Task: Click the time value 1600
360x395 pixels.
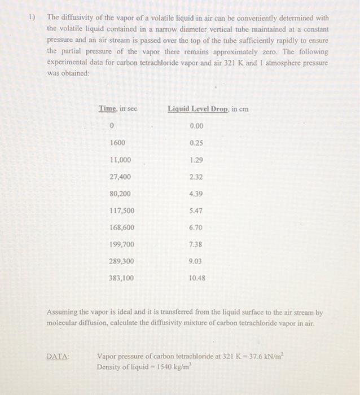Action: [117, 143]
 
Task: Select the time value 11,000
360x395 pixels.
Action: [121, 160]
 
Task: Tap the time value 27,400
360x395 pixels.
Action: [120, 177]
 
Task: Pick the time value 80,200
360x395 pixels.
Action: [120, 194]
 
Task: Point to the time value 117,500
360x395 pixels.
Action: [121, 210]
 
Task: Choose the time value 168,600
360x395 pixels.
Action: [121, 227]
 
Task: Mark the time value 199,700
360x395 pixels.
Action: [121, 244]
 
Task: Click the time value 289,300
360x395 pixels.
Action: [121, 261]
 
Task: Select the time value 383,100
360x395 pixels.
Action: [121, 278]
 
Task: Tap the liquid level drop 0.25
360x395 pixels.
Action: [196, 143]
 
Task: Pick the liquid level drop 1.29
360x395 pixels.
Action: [196, 160]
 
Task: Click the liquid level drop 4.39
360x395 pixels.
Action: [196, 194]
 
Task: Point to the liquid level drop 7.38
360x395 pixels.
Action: [196, 244]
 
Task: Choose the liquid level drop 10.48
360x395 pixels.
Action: [197, 278]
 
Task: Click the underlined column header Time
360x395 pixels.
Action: [107, 108]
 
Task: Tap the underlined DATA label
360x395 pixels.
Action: [58, 356]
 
